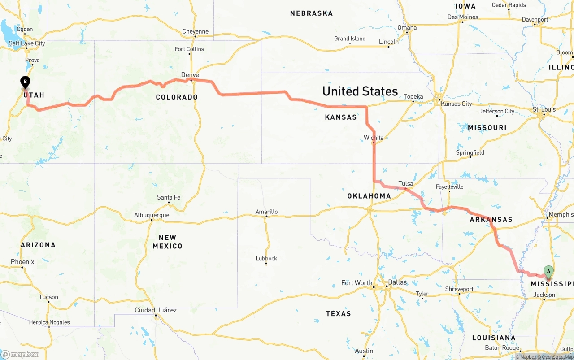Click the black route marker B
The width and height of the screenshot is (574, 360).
coord(26,82)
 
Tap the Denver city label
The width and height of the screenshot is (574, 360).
coord(191,75)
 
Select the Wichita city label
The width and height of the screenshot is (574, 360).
coord(374,138)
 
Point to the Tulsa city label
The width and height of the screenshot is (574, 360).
coord(406,183)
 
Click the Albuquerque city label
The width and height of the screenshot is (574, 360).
coord(152,215)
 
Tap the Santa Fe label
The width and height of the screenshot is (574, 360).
coord(169,197)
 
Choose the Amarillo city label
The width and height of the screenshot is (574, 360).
coord(266,212)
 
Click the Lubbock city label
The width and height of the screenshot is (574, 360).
coord(266,258)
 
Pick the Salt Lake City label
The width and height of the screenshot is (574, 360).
coord(27,43)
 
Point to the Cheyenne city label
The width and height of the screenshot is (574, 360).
coord(195,31)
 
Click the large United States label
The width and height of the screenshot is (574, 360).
coord(360,91)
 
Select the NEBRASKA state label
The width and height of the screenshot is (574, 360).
coord(311,13)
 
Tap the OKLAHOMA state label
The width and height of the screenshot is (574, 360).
coord(369,196)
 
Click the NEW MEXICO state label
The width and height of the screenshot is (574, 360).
coord(167,242)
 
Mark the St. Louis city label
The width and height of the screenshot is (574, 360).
coord(544,109)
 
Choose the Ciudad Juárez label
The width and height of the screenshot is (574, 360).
coord(156,310)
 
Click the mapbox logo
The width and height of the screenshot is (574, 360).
coord(20,354)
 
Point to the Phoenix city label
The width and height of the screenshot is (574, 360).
coord(22,262)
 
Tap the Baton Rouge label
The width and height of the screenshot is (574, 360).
coord(502,348)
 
